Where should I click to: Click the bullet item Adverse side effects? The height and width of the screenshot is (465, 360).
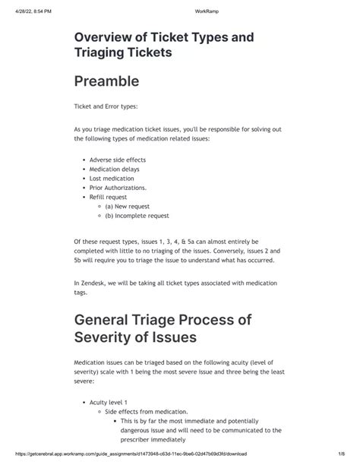(x=117, y=160)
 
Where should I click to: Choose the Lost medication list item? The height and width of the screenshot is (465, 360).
(x=112, y=179)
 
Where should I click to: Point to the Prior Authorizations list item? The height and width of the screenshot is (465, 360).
(x=118, y=188)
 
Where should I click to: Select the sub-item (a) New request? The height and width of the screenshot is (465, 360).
(x=128, y=206)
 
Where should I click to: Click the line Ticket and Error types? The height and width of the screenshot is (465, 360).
(x=106, y=106)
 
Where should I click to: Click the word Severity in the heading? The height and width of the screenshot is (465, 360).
(x=114, y=336)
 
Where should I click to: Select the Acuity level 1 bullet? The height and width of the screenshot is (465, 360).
(x=109, y=401)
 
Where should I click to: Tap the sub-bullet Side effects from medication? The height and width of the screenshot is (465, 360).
(x=144, y=410)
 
